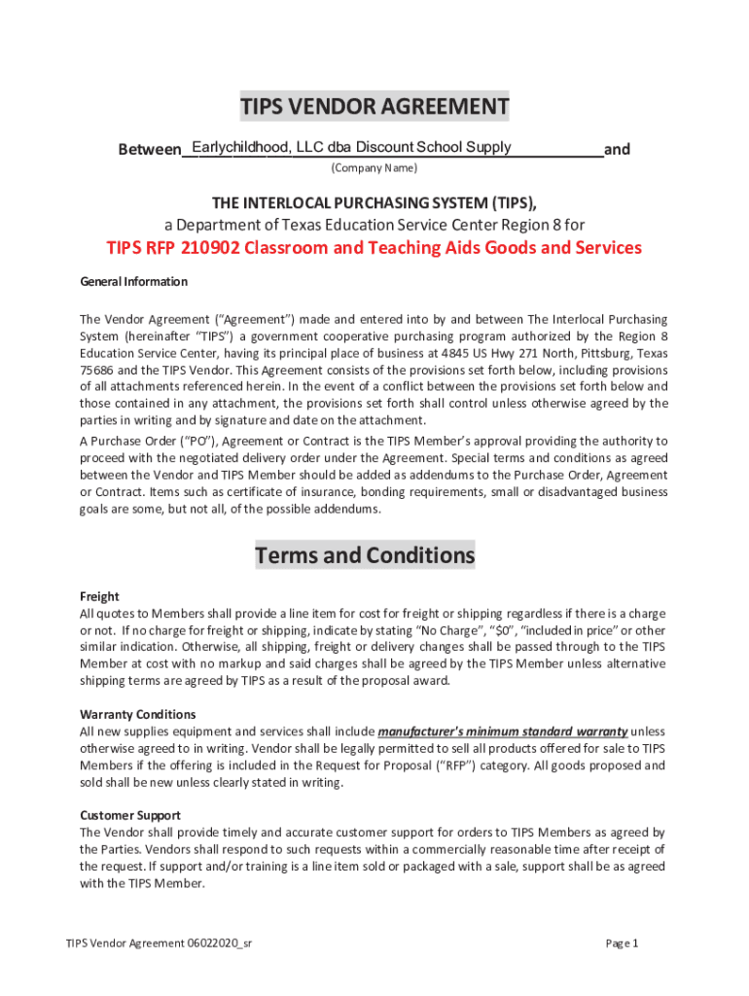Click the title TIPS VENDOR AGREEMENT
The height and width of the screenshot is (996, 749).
(x=374, y=106)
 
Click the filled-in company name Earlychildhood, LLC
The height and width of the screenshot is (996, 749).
(x=258, y=147)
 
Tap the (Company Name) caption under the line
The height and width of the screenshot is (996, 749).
(x=374, y=168)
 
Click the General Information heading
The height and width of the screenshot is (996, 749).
(x=133, y=282)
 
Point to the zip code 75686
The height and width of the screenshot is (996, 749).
(x=95, y=371)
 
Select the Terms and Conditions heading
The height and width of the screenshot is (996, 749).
(x=365, y=556)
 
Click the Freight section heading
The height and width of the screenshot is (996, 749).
(x=99, y=596)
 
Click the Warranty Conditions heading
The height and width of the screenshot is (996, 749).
(x=137, y=714)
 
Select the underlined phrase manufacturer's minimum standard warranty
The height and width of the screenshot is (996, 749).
(x=502, y=731)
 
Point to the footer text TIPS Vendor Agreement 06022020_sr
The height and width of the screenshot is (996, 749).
(x=160, y=943)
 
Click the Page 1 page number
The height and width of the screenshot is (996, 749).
(x=622, y=943)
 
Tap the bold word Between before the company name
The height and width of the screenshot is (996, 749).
(x=150, y=150)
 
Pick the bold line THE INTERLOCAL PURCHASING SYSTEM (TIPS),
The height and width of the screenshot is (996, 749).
(x=374, y=202)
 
